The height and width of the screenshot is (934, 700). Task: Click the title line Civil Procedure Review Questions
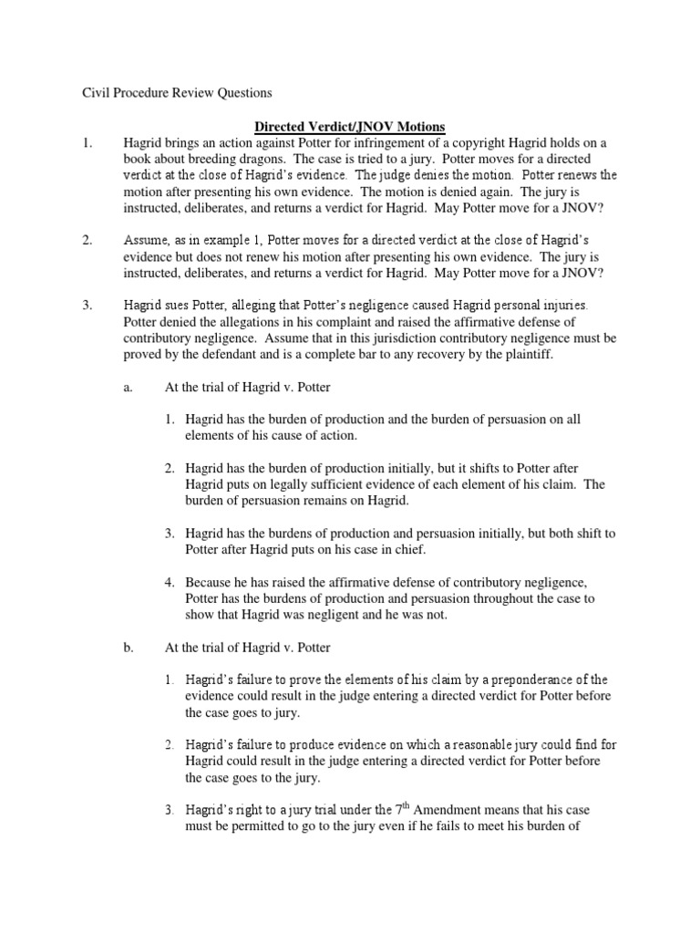[171, 93]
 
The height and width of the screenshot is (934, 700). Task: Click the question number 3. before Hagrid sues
[87, 304]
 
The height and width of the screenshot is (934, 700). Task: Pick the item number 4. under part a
[170, 581]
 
